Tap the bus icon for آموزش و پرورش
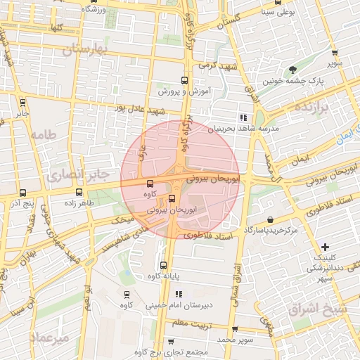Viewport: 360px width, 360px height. point(184,80)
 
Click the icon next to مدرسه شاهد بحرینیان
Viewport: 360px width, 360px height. point(243,117)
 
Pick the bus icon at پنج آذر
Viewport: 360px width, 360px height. point(22,193)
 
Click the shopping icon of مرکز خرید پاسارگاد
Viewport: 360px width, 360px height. point(271,219)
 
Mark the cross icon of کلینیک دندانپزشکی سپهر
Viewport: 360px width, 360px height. point(324,246)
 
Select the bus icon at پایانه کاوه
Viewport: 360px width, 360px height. point(163,265)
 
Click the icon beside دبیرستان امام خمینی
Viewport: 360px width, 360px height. point(179,293)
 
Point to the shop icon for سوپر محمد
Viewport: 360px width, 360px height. point(234,328)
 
